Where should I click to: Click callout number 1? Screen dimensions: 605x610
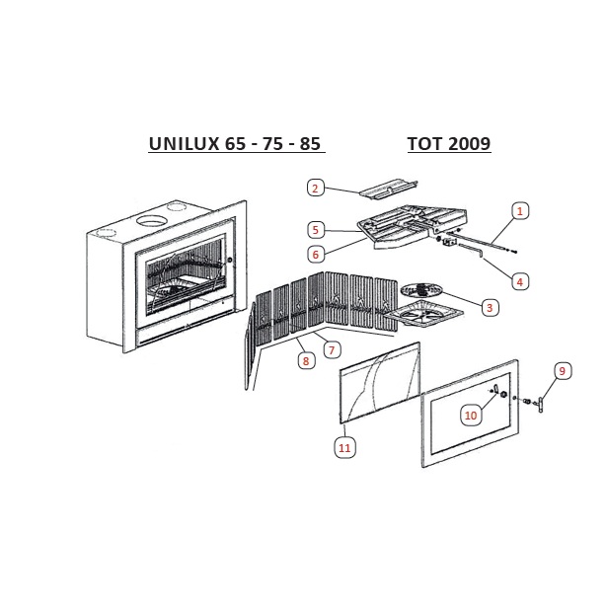(x=520, y=211)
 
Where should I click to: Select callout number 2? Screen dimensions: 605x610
(x=315, y=188)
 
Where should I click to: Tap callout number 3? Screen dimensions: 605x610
(x=490, y=308)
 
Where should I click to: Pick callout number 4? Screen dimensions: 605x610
(x=520, y=281)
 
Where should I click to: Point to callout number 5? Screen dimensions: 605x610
(x=316, y=230)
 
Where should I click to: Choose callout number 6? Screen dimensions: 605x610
(x=316, y=255)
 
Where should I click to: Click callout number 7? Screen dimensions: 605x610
(x=332, y=350)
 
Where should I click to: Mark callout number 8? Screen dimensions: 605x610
(x=306, y=361)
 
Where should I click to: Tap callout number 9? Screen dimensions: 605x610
(x=562, y=371)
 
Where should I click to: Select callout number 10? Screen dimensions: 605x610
(x=471, y=416)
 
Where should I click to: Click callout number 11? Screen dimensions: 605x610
(x=344, y=448)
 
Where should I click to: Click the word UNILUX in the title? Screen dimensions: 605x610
(x=184, y=143)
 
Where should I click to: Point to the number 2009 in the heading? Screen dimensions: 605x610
(x=469, y=143)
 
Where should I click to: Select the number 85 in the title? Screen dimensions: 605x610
(x=310, y=143)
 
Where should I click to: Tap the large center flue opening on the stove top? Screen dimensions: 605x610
(x=150, y=220)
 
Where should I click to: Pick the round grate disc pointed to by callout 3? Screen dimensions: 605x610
(x=421, y=289)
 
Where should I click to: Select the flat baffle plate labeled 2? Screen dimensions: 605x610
(x=388, y=190)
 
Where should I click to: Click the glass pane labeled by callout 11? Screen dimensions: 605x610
(x=380, y=383)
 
